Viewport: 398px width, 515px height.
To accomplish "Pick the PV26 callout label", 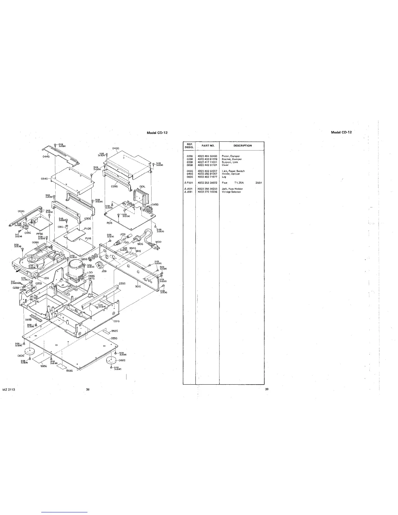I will coord(87,229).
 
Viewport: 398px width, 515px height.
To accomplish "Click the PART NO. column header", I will coord(207,146).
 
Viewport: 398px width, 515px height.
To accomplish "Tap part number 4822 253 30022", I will coord(207,183).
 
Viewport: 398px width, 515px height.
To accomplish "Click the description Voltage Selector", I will coord(231,192).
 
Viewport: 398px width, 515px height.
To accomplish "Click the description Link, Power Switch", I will coord(233,171).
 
